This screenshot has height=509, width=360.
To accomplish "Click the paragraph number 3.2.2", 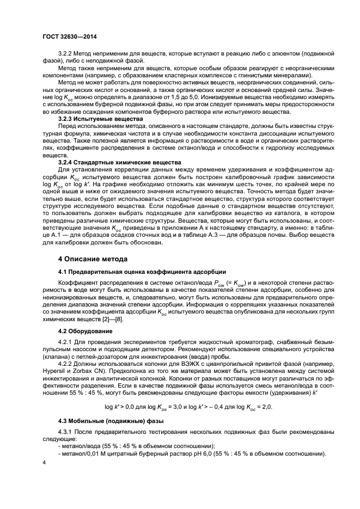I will coord(66,54).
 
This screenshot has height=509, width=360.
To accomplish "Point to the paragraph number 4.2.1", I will coord(66,342).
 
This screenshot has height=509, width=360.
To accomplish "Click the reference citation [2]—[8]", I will coord(111,318).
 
